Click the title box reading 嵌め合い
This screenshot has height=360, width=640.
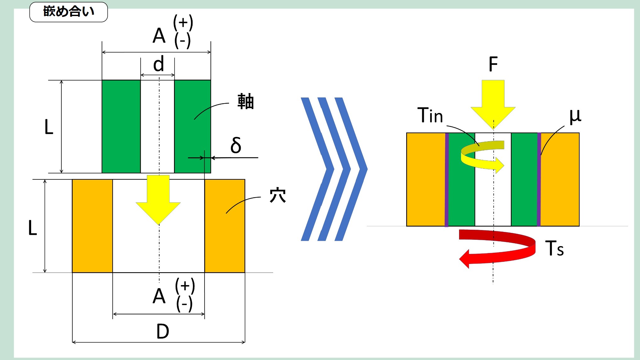tap(69, 12)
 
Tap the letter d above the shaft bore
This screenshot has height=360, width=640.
tap(158, 64)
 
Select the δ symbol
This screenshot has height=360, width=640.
tap(236, 145)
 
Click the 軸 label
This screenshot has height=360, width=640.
tap(245, 101)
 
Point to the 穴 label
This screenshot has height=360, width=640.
tap(278, 195)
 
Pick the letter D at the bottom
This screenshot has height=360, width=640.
tap(162, 331)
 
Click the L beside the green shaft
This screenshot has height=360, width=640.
tap(49, 127)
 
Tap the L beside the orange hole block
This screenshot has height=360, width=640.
tap(33, 228)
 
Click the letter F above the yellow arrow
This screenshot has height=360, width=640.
tap(493, 64)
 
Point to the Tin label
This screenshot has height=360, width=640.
tap(430, 115)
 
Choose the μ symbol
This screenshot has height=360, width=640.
tap(575, 116)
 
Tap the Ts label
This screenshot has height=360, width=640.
tap(554, 249)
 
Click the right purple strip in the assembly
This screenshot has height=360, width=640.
tap(539, 179)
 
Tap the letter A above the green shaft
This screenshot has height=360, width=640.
tap(159, 36)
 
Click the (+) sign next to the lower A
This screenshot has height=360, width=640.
tap(185, 286)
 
